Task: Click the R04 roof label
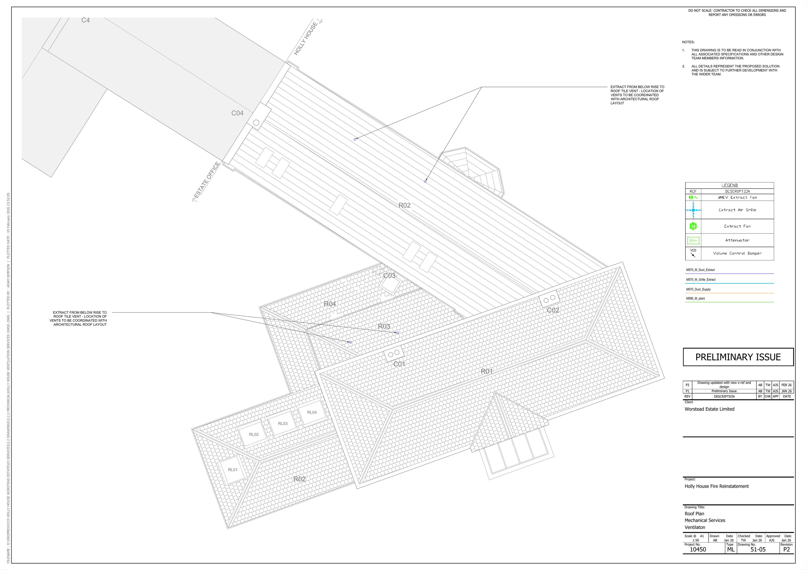click(330, 304)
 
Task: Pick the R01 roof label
click(487, 371)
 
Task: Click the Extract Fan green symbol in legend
click(693, 226)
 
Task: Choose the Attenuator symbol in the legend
click(693, 241)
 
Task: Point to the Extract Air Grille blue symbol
click(693, 210)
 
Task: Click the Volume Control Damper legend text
click(737, 253)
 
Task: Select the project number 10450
click(698, 549)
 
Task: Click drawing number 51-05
click(758, 549)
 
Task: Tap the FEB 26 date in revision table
click(787, 385)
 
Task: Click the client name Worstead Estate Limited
click(709, 409)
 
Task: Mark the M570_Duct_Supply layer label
click(698, 289)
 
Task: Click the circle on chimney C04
click(256, 123)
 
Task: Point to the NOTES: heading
click(688, 42)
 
